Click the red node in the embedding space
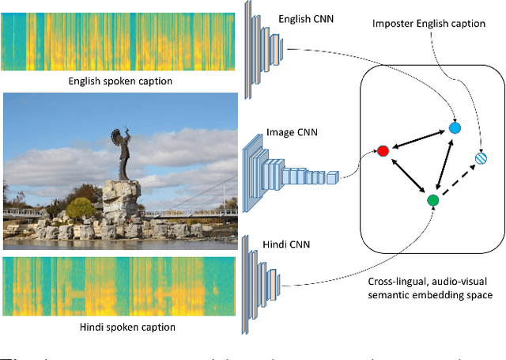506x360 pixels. pyautogui.click(x=383, y=150)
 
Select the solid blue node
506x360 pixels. pyautogui.click(x=454, y=127)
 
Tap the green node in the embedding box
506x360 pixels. pyautogui.click(x=432, y=201)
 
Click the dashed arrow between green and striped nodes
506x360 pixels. pyautogui.click(x=459, y=180)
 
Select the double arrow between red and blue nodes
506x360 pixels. pyautogui.click(x=418, y=139)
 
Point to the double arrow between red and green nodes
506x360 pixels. pyautogui.click(x=407, y=176)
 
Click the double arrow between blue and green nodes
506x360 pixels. pyautogui.click(x=444, y=164)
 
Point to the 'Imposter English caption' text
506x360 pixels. pyautogui.click(x=429, y=24)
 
